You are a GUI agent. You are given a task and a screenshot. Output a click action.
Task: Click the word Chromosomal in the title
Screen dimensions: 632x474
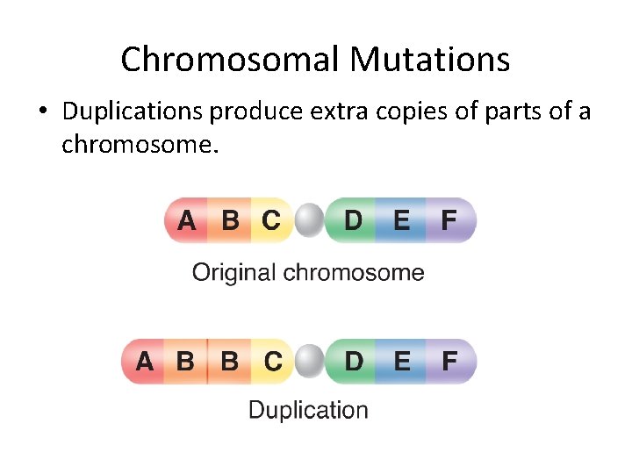point(230,60)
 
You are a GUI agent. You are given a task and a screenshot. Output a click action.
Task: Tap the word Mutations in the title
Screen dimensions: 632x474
point(429,60)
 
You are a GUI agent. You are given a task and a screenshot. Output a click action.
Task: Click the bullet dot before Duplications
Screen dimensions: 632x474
point(42,113)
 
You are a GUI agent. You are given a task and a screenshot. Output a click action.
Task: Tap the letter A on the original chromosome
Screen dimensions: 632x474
point(186,219)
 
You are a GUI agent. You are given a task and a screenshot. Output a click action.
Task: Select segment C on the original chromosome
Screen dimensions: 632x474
point(272,219)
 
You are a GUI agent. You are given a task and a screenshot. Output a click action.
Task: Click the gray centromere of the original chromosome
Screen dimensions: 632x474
point(309,220)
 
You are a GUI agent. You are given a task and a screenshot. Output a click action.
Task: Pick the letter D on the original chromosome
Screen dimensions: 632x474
point(353,219)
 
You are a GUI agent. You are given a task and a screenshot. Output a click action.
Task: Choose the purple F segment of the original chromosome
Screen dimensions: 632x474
point(449,219)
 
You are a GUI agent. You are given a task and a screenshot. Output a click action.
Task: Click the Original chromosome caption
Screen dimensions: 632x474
point(308,273)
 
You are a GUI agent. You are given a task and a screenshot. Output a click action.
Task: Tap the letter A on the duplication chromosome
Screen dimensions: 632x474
point(143,361)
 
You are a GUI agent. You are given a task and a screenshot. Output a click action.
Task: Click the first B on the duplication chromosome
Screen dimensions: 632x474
point(186,361)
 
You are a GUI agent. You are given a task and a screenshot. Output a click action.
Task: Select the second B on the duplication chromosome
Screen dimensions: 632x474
point(229,361)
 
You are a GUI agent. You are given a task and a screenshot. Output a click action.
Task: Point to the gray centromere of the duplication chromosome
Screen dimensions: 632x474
point(309,362)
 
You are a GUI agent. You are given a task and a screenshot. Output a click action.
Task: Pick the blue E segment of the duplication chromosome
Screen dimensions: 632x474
point(401,361)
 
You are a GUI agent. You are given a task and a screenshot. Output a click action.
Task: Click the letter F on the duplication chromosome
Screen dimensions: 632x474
point(449,361)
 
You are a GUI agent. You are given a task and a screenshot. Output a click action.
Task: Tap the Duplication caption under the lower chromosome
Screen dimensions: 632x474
point(308,410)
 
